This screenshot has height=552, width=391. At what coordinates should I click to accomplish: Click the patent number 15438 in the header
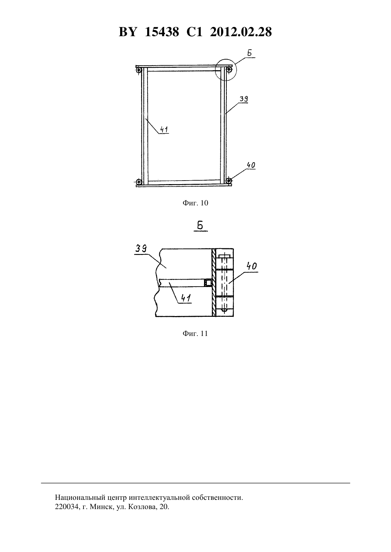click(x=162, y=32)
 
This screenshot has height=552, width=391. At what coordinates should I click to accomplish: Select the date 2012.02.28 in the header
click(x=241, y=32)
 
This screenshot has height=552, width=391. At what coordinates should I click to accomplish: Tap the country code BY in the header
click(x=128, y=32)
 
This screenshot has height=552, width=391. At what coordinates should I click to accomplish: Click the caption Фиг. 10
click(x=195, y=203)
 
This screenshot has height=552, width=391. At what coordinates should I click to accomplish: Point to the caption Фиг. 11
click(x=195, y=333)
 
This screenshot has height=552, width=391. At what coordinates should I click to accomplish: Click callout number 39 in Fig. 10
click(x=244, y=99)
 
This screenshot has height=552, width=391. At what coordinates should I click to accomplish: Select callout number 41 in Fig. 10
click(x=164, y=129)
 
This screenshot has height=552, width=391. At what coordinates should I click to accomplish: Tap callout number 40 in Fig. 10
click(x=251, y=165)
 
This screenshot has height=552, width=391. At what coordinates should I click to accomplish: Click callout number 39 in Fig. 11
click(x=141, y=249)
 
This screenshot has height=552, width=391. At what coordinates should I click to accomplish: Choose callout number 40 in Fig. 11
click(x=252, y=266)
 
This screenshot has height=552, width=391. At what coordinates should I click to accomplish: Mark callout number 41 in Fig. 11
click(x=186, y=298)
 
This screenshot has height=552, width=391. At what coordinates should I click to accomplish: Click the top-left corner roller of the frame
click(x=139, y=70)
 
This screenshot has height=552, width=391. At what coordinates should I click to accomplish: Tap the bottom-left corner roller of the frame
click(x=139, y=182)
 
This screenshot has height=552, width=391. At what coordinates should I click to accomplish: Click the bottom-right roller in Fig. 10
click(x=229, y=180)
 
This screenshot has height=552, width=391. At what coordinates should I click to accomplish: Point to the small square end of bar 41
click(x=208, y=283)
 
